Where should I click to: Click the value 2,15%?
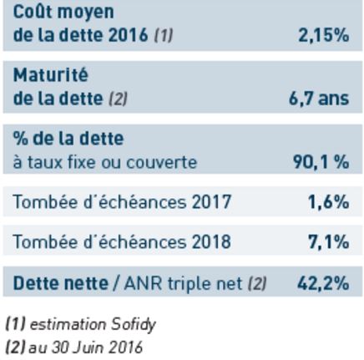pos(323,36)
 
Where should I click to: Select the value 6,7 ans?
pos(319,99)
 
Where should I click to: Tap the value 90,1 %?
pos(321,161)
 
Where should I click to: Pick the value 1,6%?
pos(328,201)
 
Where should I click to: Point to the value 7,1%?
pos(328,241)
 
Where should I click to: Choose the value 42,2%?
pos(323,283)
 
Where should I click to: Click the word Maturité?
pos(51,75)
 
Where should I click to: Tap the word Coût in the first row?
pos(33,12)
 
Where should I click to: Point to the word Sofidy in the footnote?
pos(134,325)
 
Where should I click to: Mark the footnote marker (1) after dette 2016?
pos(164,36)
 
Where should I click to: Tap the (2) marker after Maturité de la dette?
pos(118,99)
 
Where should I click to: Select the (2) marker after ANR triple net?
pos(257,283)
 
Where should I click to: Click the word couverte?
pos(162,162)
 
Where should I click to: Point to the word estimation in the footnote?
pos(68,324)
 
